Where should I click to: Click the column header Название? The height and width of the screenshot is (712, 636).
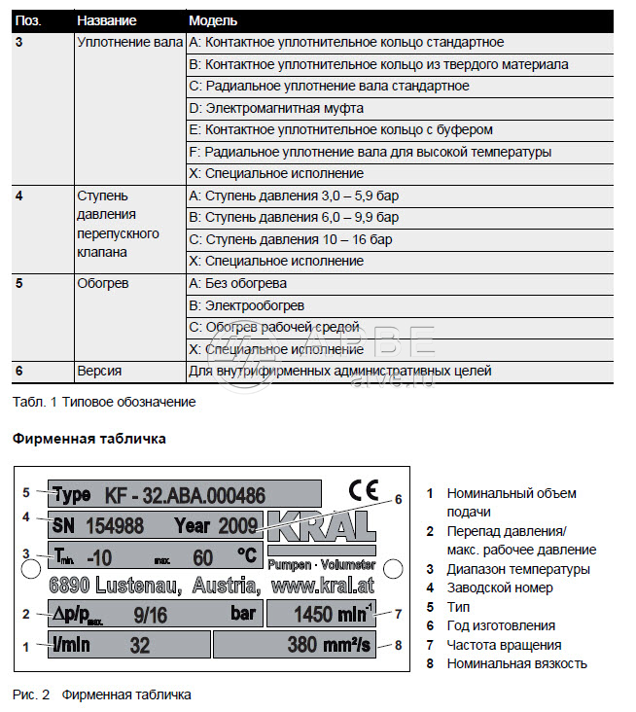(106, 20)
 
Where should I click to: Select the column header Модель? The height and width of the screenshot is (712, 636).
(213, 20)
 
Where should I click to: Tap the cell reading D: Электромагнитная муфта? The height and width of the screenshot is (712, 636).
(276, 108)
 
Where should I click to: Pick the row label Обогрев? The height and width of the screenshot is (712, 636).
(102, 284)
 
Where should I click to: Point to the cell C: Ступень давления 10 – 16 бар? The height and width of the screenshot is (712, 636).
(291, 239)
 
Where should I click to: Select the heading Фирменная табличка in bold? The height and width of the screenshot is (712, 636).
(88, 439)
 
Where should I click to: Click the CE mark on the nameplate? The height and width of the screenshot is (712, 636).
(363, 490)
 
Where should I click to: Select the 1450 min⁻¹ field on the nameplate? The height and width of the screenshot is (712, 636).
(320, 615)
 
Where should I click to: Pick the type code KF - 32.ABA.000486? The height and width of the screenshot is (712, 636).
(185, 495)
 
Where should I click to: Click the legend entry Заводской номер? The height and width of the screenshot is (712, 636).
(500, 587)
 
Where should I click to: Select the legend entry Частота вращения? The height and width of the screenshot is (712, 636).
(504, 645)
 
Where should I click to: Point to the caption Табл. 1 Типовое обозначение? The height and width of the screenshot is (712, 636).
(104, 402)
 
